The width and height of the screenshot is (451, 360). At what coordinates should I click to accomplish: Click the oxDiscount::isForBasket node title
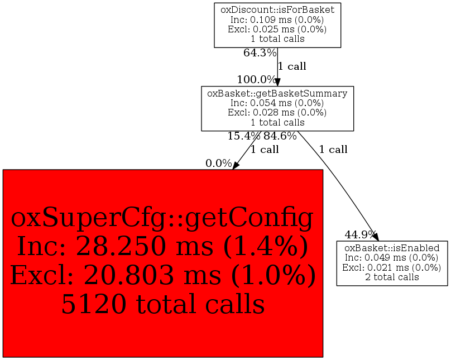point(277,10)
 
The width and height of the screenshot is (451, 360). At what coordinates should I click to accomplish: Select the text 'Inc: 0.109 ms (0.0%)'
point(277,20)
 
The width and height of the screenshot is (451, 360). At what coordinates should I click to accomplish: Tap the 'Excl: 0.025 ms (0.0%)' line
point(277,29)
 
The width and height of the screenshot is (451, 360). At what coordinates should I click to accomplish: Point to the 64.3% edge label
point(260,52)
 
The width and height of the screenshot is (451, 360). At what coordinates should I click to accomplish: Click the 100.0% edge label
point(257,79)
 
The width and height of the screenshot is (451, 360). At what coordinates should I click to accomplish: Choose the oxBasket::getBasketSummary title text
point(277,93)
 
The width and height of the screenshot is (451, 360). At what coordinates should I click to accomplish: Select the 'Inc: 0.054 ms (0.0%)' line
point(277,103)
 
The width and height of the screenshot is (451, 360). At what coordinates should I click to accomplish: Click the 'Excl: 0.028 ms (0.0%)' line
point(277,112)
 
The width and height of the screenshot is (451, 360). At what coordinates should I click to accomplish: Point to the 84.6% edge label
point(280,136)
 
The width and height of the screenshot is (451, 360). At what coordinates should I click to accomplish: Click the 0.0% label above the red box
point(219,164)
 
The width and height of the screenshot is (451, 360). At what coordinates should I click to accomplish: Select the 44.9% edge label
point(361,235)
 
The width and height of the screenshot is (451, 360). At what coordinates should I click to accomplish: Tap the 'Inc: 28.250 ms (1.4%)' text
point(163,247)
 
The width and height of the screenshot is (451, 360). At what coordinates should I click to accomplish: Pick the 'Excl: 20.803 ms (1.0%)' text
point(163,275)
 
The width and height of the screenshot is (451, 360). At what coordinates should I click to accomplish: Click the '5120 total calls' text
point(163,304)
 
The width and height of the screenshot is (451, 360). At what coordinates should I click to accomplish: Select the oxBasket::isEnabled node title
point(392,248)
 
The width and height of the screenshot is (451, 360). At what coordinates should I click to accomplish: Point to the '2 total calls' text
point(392,277)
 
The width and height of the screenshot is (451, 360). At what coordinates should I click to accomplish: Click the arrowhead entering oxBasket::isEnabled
point(375,237)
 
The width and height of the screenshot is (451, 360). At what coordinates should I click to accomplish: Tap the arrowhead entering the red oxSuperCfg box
point(236,165)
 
